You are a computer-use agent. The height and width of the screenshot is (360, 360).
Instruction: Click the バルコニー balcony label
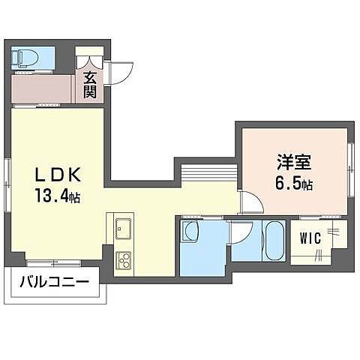[x=53, y=283]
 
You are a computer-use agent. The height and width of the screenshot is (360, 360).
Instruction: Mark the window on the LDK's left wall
[x=9, y=180]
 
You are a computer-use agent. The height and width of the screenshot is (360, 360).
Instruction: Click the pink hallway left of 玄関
[x=42, y=87]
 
